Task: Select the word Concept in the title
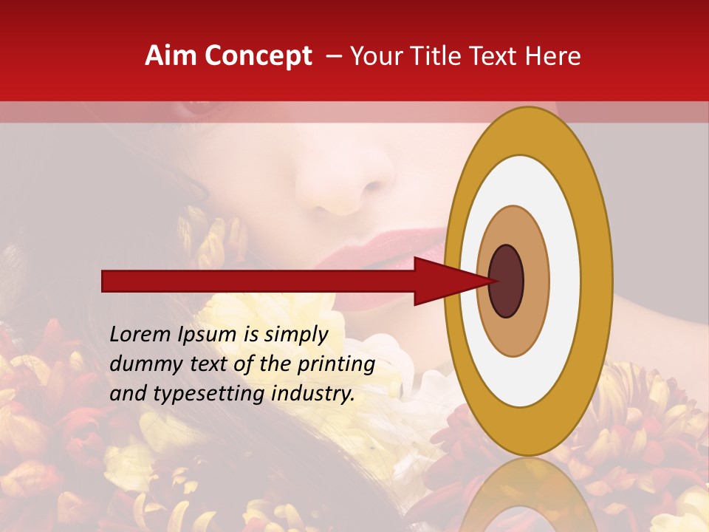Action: pos(258,56)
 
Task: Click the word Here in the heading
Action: pos(552,56)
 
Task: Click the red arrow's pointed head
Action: pos(443,282)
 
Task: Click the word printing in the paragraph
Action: pos(337,365)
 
